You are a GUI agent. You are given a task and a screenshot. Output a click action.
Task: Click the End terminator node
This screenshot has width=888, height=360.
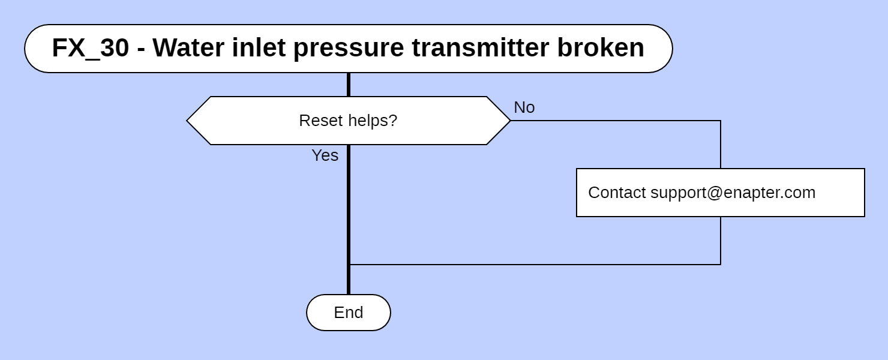click(x=348, y=313)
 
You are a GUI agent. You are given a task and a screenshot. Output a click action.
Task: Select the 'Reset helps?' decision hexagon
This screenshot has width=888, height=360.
click(x=348, y=121)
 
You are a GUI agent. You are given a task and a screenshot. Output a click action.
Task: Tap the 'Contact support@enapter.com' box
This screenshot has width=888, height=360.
click(x=720, y=193)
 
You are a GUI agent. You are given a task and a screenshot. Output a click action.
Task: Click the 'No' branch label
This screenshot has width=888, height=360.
click(x=524, y=107)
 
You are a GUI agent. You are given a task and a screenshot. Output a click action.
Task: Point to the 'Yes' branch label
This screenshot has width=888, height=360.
click(x=325, y=155)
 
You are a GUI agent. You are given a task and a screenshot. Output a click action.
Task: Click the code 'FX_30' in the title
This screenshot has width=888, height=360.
click(x=90, y=48)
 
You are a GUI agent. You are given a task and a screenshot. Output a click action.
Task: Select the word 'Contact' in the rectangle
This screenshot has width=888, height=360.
click(x=617, y=193)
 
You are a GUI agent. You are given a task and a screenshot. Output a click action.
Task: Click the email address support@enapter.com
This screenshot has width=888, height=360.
click(x=733, y=193)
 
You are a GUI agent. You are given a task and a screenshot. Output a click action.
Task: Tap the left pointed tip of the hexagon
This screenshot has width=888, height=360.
click(x=188, y=121)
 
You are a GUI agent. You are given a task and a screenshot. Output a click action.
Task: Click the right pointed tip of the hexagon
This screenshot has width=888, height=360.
click(x=509, y=121)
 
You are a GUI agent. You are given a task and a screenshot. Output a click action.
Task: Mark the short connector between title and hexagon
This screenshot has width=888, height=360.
click(x=348, y=85)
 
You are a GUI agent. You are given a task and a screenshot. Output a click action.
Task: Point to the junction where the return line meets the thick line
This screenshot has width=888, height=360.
click(x=349, y=264)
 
